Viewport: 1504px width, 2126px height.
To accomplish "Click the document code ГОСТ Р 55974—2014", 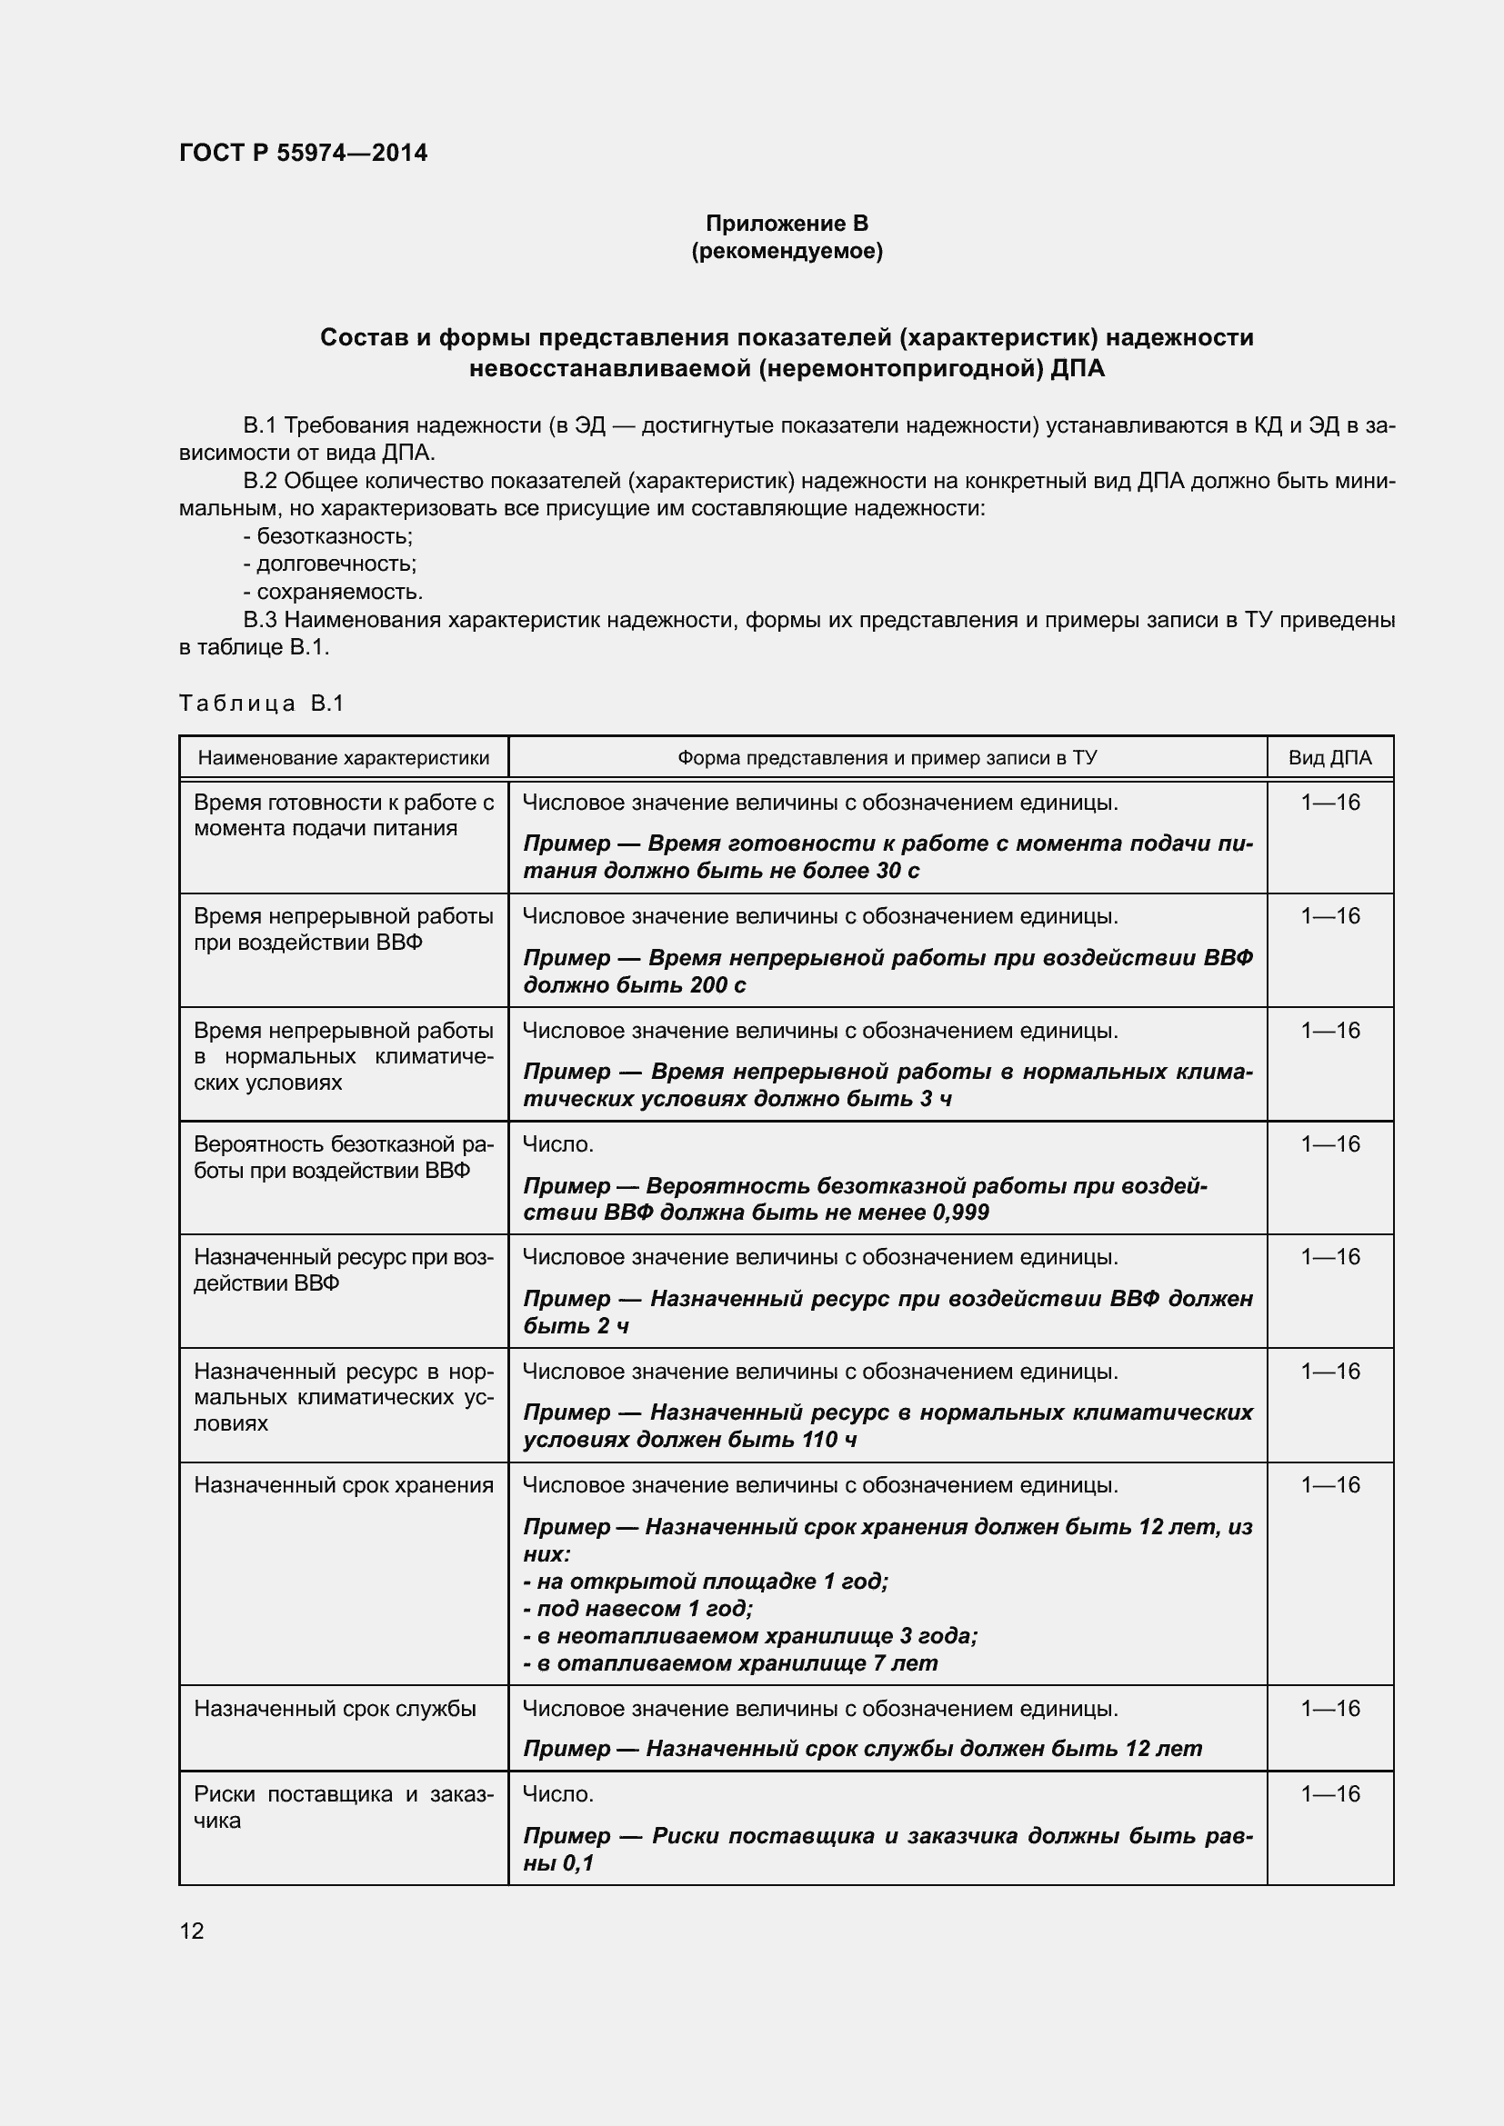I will [303, 153].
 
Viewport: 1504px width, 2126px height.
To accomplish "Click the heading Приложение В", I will [787, 224].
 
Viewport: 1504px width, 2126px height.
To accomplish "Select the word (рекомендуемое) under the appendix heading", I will [787, 251].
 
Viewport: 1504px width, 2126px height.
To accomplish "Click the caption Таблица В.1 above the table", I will [261, 703].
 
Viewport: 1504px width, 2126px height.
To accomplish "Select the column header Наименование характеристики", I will [344, 758].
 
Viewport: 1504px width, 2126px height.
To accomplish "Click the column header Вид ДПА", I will [1329, 758].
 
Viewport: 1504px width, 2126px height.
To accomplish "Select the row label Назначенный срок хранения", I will [344, 1485].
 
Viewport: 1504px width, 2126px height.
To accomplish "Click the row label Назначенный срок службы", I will [335, 1709].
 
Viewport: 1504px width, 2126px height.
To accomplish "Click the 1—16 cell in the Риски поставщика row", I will [1329, 1794].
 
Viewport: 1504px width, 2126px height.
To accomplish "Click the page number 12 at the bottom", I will [192, 1931].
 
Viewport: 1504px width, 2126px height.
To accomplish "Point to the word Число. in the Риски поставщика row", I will [557, 1794].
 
